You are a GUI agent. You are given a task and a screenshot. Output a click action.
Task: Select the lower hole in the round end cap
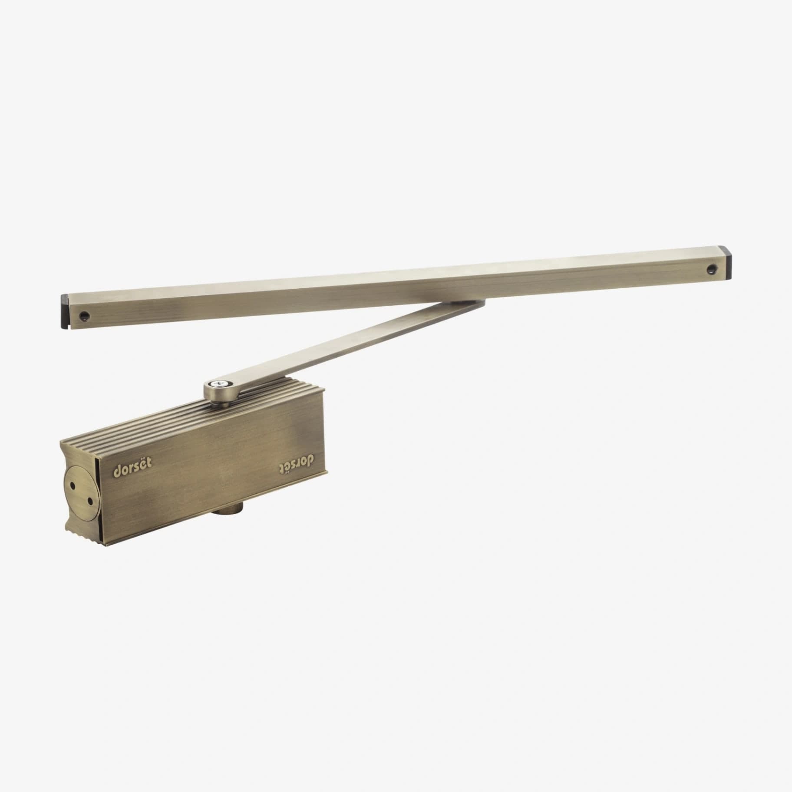pos(90,501)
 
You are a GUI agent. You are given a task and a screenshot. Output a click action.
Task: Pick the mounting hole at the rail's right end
pos(711,269)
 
